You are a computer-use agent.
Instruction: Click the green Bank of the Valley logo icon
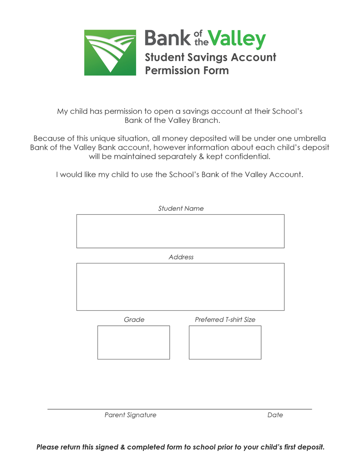click(110, 53)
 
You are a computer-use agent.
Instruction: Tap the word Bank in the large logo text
click(167, 38)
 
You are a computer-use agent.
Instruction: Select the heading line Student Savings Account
click(210, 57)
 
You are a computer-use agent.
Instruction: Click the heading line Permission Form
click(187, 71)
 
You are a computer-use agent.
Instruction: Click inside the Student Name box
click(180, 231)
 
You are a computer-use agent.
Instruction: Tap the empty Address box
click(180, 287)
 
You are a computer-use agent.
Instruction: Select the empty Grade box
click(133, 342)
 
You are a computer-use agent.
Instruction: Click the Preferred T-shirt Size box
click(225, 342)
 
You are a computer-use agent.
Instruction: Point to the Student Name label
click(181, 208)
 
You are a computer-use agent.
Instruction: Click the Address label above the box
click(181, 257)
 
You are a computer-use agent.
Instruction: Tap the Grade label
click(134, 319)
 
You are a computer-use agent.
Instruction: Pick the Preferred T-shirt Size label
click(225, 319)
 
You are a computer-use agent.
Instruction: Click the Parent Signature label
click(130, 415)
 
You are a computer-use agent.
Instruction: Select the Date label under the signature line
click(275, 415)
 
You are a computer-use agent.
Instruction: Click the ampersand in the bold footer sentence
click(122, 447)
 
